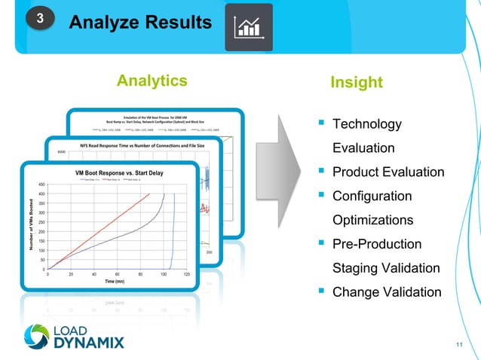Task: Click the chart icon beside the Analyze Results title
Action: pos(248,27)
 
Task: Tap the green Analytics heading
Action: pos(152,81)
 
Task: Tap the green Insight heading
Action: pos(357,82)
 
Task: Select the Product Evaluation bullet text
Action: pos(388,172)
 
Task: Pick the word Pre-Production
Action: pos(377,244)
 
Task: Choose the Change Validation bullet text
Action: pos(387,292)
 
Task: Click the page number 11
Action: pos(461,345)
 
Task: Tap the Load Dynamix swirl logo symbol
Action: pos(37,337)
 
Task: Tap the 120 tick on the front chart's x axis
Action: pos(186,274)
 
